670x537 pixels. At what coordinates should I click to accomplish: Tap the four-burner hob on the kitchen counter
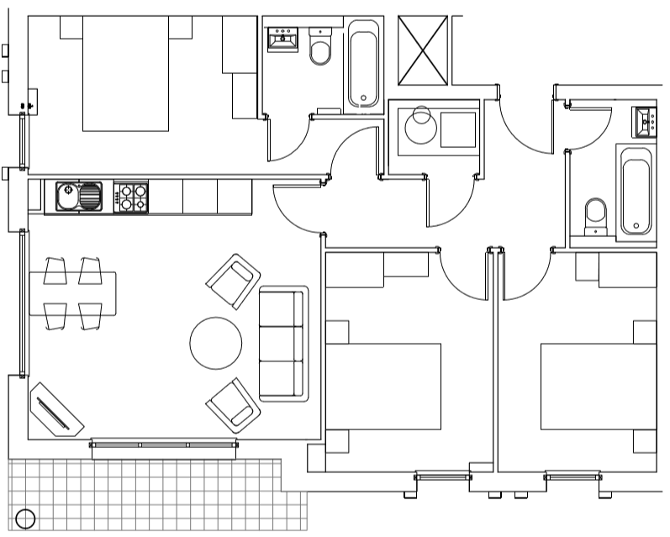(x=130, y=197)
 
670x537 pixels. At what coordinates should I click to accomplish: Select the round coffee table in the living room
(x=216, y=343)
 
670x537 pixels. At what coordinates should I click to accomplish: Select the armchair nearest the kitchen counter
(x=233, y=282)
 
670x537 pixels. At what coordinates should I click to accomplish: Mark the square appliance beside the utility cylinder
(x=458, y=129)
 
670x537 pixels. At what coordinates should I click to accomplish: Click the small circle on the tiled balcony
(x=25, y=519)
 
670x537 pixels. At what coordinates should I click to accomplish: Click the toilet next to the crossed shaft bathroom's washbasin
(x=320, y=49)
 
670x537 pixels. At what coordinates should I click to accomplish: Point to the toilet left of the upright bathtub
(x=596, y=215)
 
